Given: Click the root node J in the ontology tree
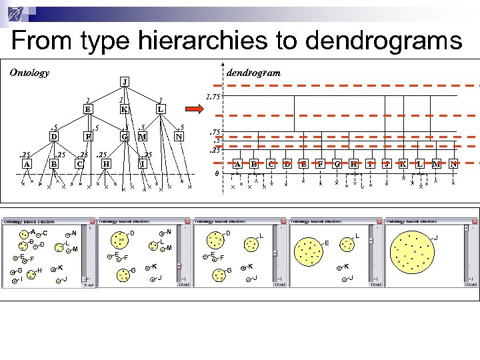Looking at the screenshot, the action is (x=125, y=82).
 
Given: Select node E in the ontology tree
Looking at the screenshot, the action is (x=87, y=109).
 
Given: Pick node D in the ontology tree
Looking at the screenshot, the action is (x=53, y=137).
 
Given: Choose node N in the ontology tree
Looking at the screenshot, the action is (x=178, y=137).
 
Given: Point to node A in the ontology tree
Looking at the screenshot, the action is (x=27, y=164).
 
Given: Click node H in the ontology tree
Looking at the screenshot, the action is (x=106, y=164).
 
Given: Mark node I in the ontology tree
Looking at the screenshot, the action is (x=142, y=164).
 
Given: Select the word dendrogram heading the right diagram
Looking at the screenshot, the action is (x=254, y=72).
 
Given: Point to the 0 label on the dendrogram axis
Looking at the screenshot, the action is (x=215, y=173).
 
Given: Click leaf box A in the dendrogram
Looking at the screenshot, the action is (x=237, y=164).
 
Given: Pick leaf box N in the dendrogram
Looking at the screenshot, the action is (x=453, y=164).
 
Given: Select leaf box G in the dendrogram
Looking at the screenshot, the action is (x=337, y=164).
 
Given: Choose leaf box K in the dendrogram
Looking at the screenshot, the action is (x=403, y=164).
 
